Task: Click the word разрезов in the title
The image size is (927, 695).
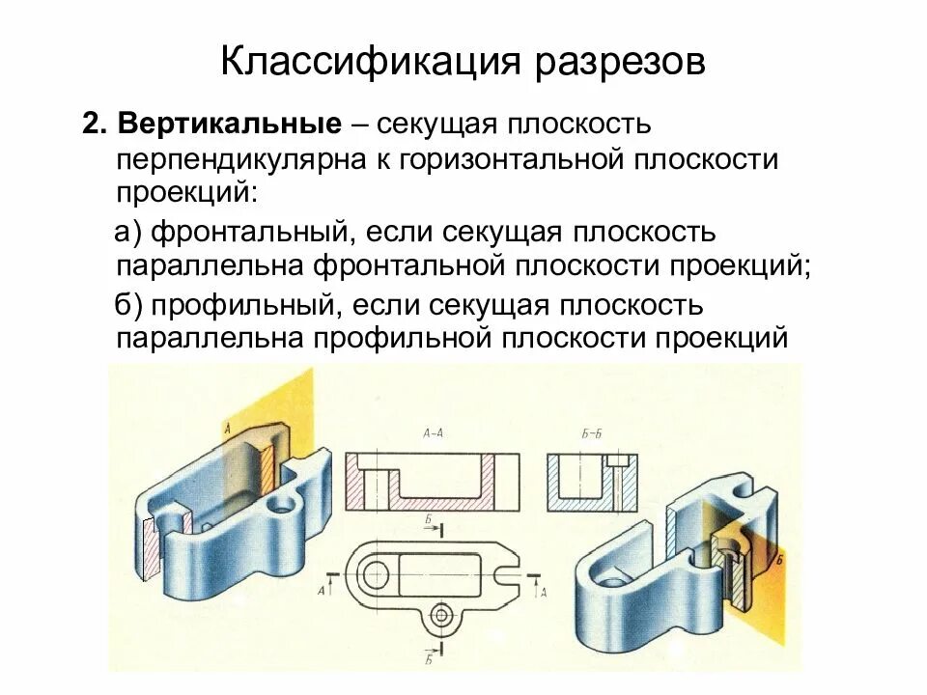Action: coord(617,63)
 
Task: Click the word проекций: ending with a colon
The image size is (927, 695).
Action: coord(186,191)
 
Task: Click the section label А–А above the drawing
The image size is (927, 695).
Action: coord(433,433)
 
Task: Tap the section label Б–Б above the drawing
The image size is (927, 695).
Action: coord(592,433)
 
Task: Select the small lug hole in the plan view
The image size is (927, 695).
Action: coord(442,613)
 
